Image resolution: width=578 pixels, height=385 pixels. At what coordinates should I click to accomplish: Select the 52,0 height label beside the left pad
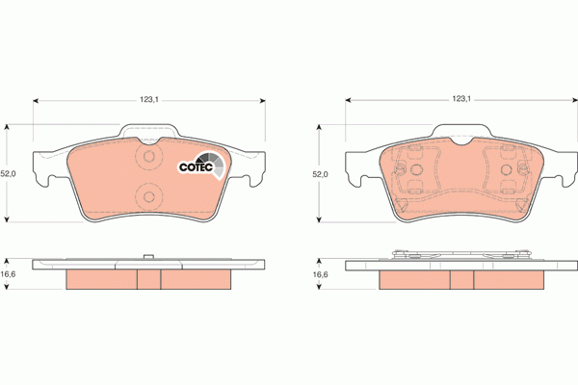coord(9,174)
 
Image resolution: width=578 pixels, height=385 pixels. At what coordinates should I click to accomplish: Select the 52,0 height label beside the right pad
coord(320,174)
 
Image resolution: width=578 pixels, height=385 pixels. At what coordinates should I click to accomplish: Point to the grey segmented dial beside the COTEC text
coord(216,166)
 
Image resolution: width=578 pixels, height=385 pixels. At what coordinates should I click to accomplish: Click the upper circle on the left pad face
coord(148,158)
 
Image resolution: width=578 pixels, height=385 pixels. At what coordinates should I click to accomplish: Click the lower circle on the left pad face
coord(148,196)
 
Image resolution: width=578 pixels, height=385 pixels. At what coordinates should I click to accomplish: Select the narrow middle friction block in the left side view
coord(148,278)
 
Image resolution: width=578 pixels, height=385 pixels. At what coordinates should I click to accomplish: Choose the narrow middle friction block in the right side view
coord(461,278)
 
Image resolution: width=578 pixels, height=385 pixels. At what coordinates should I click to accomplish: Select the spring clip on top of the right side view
coord(460,255)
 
